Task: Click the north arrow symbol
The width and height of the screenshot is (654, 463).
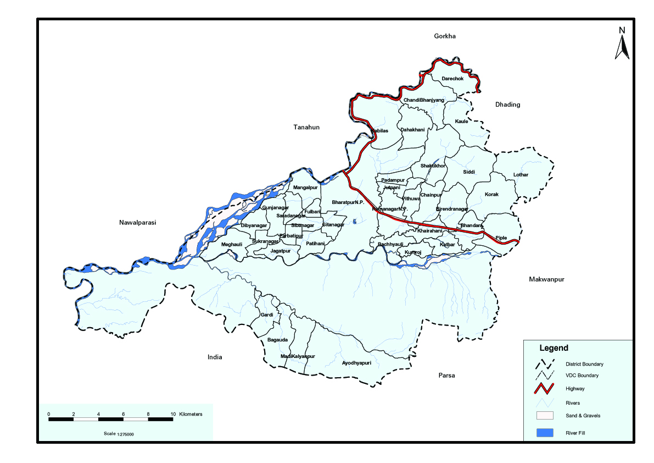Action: [622, 44]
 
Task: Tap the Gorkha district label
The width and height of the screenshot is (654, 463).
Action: [445, 36]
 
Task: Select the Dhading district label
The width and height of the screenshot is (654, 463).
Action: [507, 104]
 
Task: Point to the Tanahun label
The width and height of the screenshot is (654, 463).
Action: [306, 128]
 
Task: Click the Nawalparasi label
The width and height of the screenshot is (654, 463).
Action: [138, 223]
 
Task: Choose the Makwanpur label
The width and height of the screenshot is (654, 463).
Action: [546, 279]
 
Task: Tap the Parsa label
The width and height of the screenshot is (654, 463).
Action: [446, 376]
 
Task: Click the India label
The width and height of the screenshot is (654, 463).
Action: [215, 357]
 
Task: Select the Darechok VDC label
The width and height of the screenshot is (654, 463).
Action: [452, 79]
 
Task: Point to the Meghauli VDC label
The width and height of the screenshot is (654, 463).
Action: [231, 244]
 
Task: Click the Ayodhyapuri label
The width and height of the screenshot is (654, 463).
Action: [356, 363]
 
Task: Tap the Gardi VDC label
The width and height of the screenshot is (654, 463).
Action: [267, 315]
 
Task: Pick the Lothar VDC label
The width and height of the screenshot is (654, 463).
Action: [521, 175]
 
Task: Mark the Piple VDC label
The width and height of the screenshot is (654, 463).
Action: [501, 238]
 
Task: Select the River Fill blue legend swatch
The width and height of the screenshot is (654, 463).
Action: [544, 433]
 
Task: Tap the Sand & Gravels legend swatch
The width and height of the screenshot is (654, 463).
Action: [544, 415]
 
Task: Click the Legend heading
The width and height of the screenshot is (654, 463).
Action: [554, 348]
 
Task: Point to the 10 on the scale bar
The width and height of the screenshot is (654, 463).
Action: [173, 414]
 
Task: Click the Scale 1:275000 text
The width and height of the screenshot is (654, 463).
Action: [119, 434]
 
